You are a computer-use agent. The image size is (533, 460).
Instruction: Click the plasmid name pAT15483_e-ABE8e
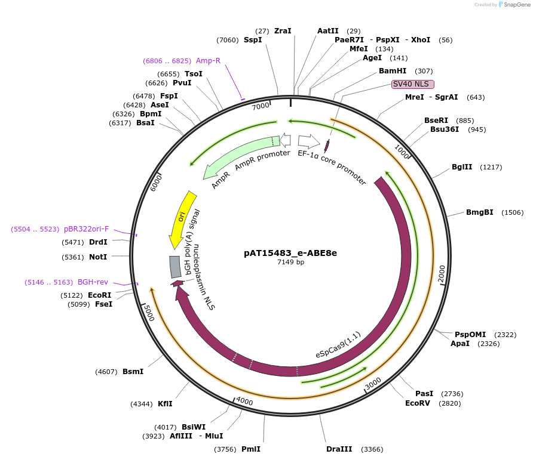click(290, 253)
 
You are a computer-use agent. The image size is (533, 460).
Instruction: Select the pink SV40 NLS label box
click(412, 84)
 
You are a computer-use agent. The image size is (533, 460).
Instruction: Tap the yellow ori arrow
click(180, 218)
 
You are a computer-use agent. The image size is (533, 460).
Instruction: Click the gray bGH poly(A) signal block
click(175, 267)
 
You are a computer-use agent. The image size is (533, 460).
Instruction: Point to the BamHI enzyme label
click(393, 71)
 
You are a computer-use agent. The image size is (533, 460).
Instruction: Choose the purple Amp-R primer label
click(209, 61)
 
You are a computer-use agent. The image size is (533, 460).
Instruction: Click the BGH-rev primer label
click(93, 282)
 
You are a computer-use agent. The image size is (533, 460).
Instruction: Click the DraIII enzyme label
click(338, 449)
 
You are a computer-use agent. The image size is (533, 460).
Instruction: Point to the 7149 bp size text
click(290, 262)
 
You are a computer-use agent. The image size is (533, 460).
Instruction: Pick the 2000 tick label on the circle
click(442, 273)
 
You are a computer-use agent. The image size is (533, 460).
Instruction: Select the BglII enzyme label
click(461, 167)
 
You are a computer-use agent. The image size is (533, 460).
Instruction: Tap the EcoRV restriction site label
click(417, 403)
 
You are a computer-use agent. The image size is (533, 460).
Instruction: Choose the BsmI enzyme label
click(133, 372)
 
